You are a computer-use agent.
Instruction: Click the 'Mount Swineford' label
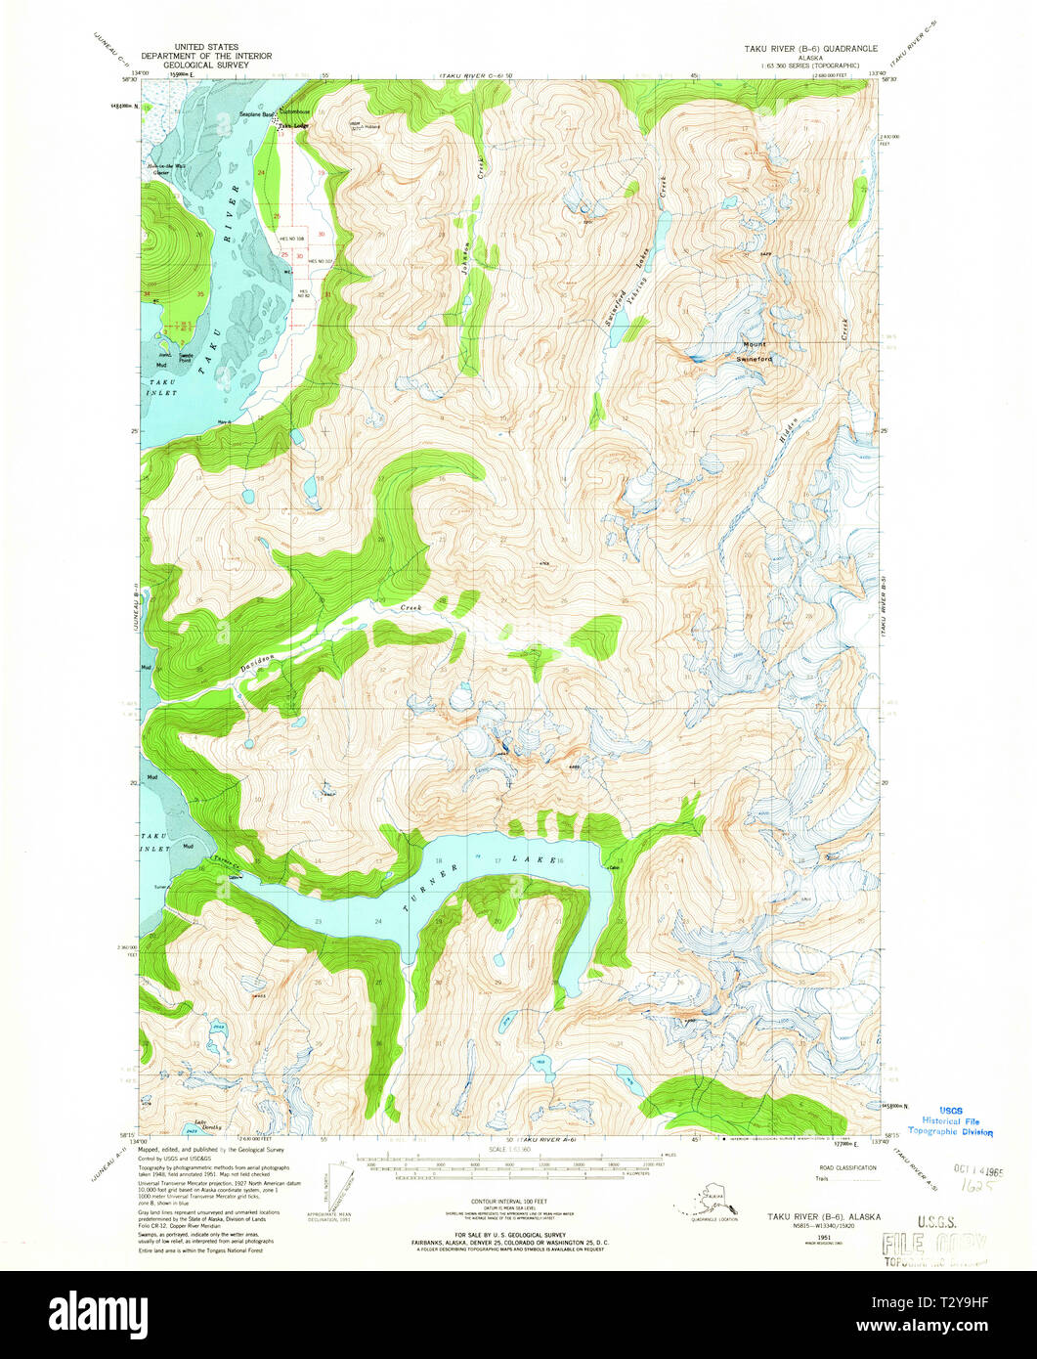point(756,352)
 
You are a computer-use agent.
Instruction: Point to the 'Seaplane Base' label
point(256,115)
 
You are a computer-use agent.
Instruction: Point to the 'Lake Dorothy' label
point(203,1123)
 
